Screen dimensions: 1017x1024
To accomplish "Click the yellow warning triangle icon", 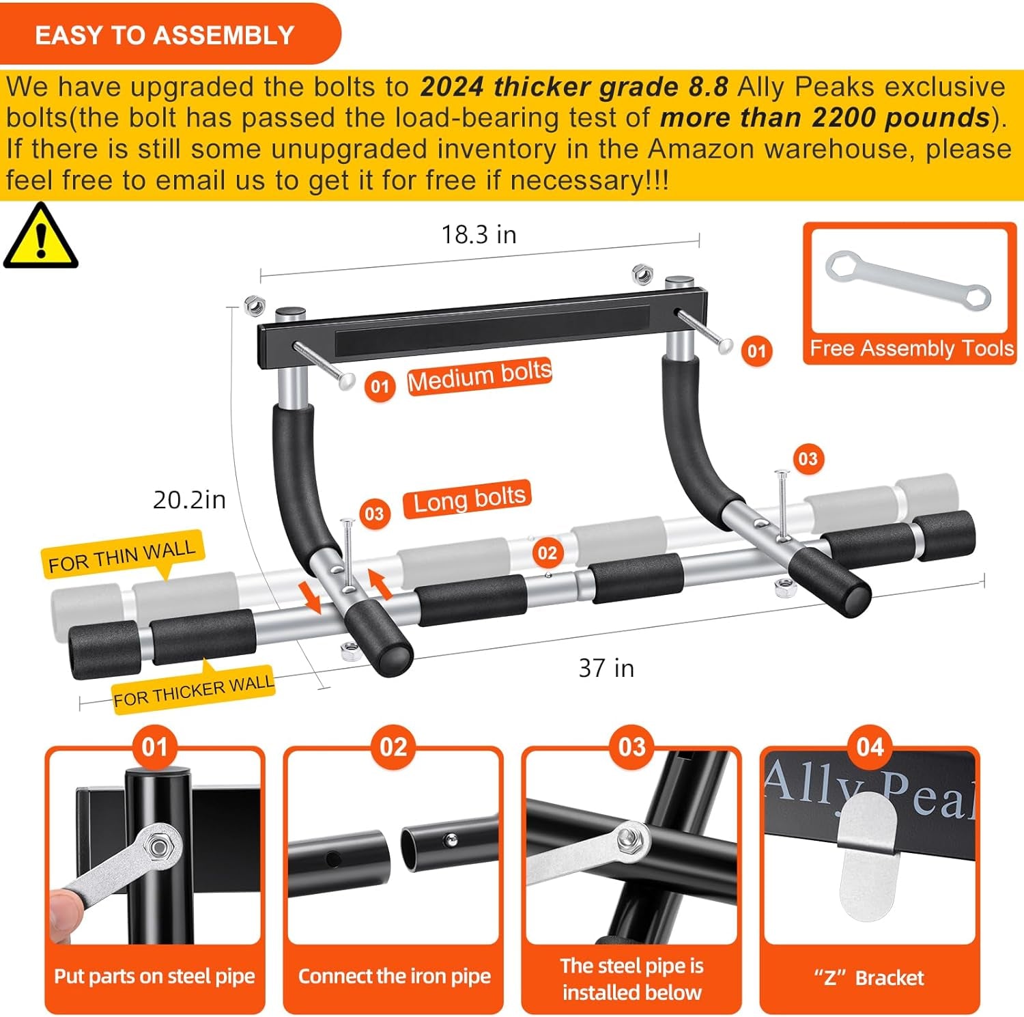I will (x=41, y=237).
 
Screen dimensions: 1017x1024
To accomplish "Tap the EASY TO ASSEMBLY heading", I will (x=165, y=35).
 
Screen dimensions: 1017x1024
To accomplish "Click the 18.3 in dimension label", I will (x=479, y=234).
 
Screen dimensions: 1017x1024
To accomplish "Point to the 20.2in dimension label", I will (x=189, y=500).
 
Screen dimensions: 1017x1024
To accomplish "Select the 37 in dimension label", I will (x=606, y=668).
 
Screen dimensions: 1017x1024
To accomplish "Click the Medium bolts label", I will (x=479, y=375).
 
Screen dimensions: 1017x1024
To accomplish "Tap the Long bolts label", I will (x=469, y=499).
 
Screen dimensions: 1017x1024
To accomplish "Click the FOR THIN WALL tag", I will (x=122, y=555).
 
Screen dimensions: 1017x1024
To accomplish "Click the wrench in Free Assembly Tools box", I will (x=907, y=281).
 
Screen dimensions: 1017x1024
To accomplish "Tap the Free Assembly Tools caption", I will (x=911, y=348).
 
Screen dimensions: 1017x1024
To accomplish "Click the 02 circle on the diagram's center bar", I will (x=547, y=553).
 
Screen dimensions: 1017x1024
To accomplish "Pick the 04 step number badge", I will (x=870, y=747).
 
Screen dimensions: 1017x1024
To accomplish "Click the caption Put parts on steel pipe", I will (x=154, y=976).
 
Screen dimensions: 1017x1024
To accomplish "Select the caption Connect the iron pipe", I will (x=394, y=976).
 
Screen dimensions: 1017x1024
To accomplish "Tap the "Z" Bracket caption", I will (x=869, y=977).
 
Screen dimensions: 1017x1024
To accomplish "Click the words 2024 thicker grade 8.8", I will (x=574, y=87).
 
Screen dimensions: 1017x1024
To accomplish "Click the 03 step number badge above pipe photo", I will (x=631, y=747).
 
